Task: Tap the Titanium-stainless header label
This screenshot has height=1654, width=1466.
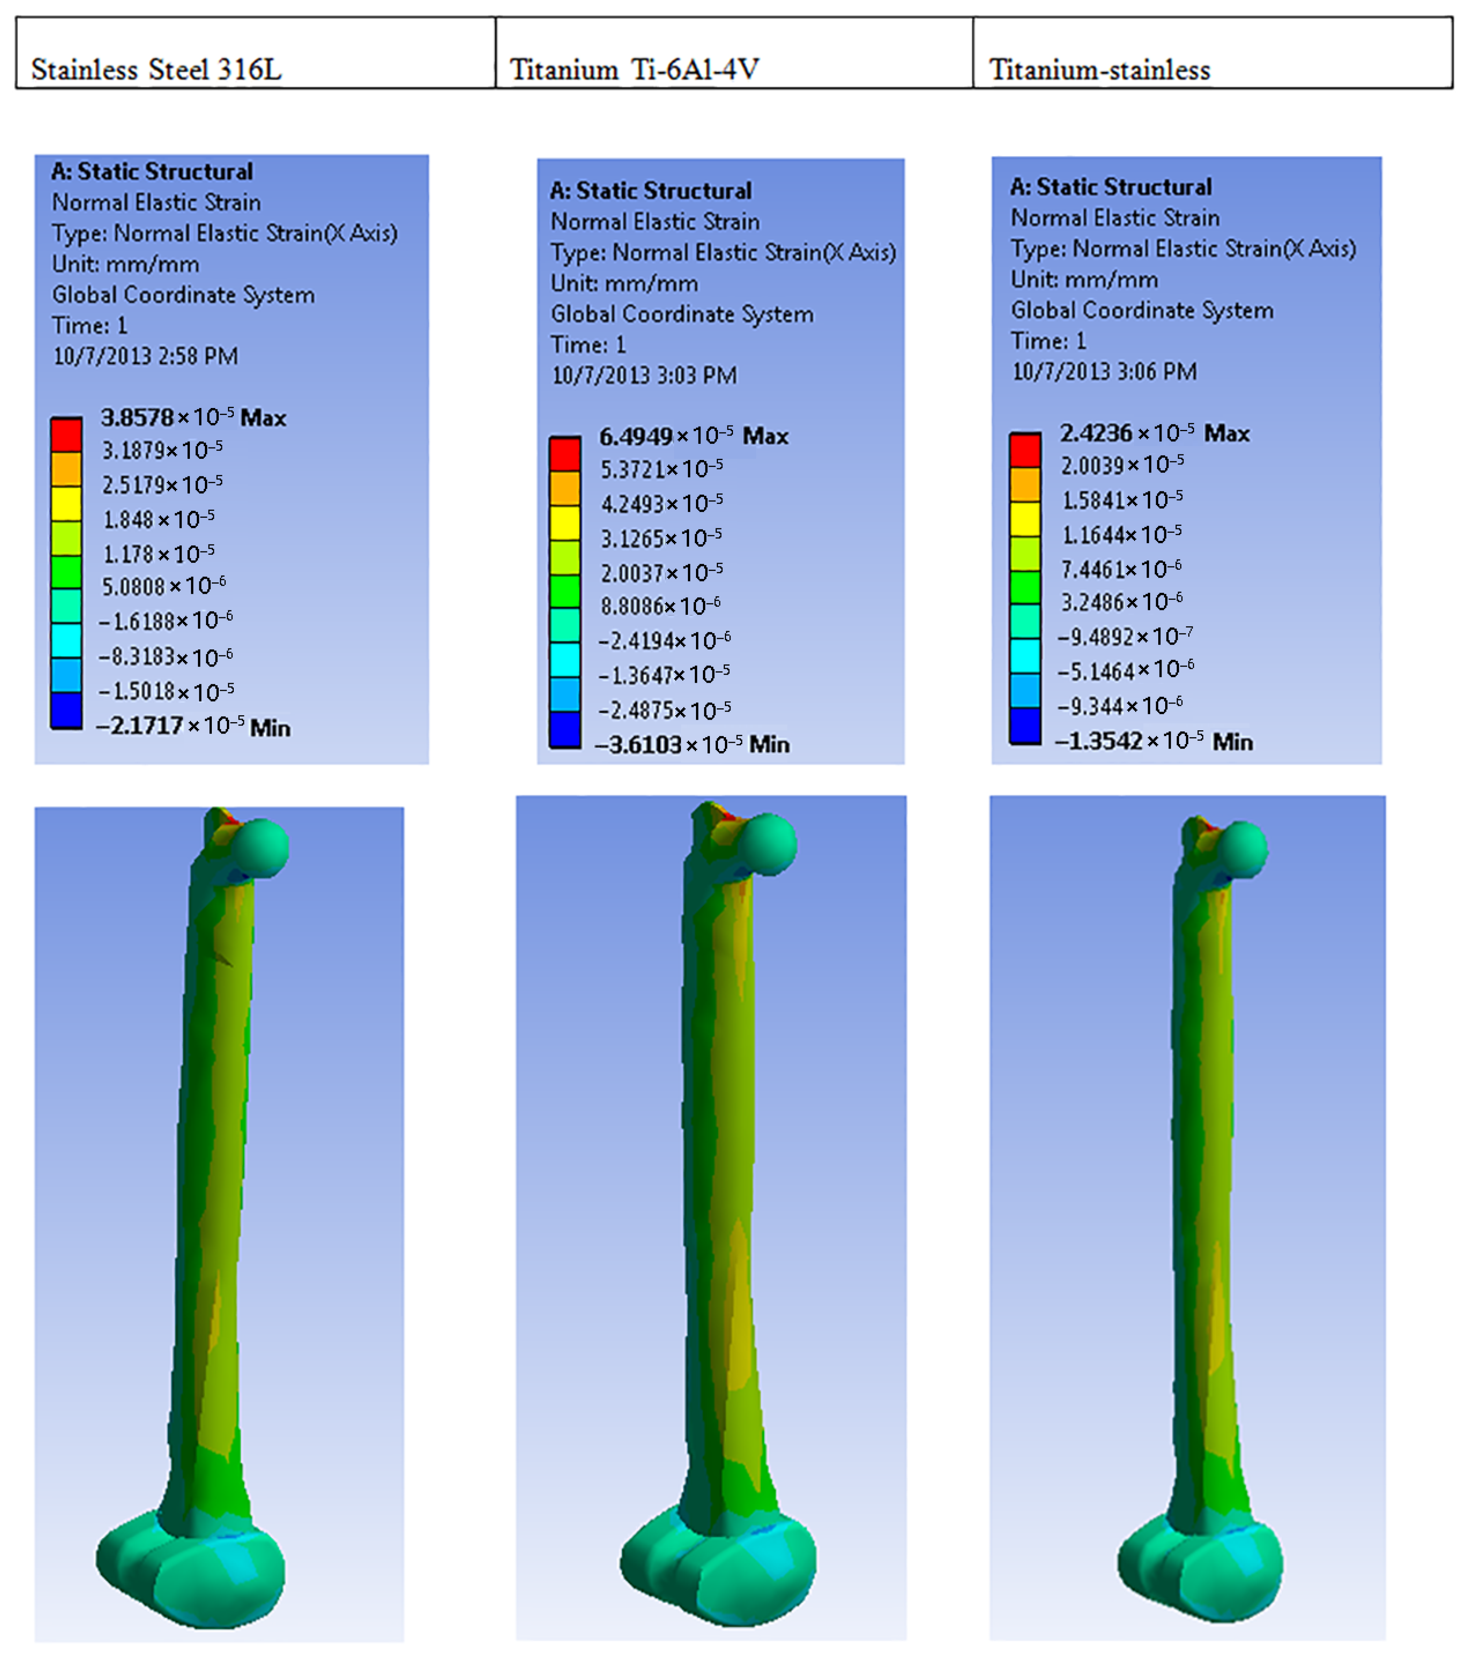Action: point(1099,70)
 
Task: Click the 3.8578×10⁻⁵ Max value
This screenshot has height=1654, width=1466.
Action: point(193,417)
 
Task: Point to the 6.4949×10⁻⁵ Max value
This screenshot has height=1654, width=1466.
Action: point(693,436)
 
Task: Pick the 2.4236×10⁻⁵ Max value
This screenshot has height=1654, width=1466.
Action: point(1154,433)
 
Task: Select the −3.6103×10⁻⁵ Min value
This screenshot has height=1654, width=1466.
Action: point(692,744)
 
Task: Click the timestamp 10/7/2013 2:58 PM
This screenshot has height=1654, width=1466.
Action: point(146,356)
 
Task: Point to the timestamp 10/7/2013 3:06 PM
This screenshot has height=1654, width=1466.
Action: point(1104,371)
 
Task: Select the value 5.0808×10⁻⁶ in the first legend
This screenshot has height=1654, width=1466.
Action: point(163,586)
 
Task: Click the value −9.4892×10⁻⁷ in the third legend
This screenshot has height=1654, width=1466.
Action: point(1125,636)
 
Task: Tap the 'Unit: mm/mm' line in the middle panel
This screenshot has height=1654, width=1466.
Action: point(624,283)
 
